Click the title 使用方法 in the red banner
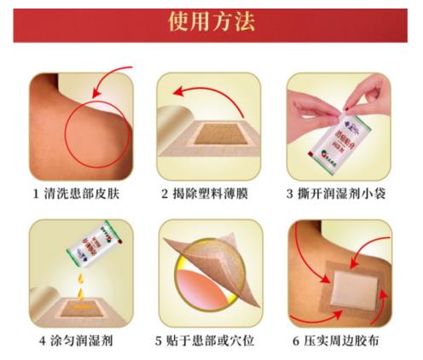coord(211,21)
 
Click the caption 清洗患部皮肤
coord(88,194)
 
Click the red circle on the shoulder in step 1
coord(99,136)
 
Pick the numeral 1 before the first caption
coord(36,194)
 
